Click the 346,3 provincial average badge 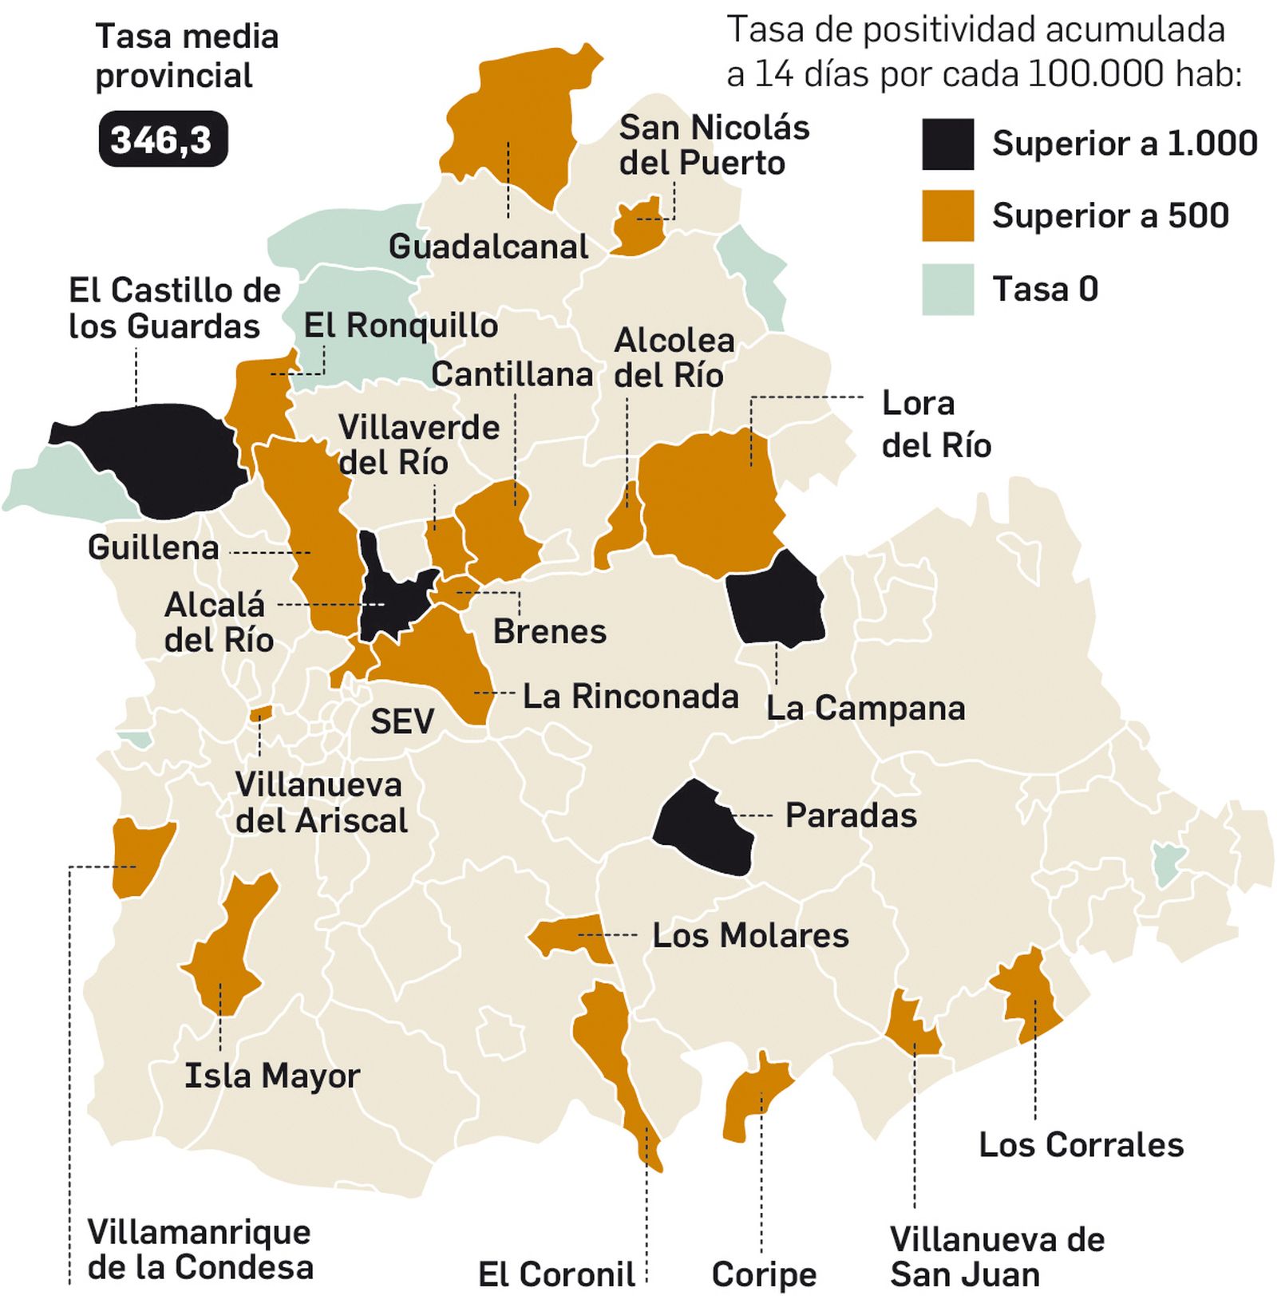pos(163,140)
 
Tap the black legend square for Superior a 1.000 pos(947,144)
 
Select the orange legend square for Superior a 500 pos(947,215)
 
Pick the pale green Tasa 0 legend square pos(947,289)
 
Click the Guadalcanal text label pos(488,247)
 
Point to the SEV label pos(402,722)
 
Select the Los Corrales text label pos(1081,1145)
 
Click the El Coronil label pos(556,1274)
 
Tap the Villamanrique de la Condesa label pos(200,1250)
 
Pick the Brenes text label pos(550,631)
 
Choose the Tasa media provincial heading pos(187,57)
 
